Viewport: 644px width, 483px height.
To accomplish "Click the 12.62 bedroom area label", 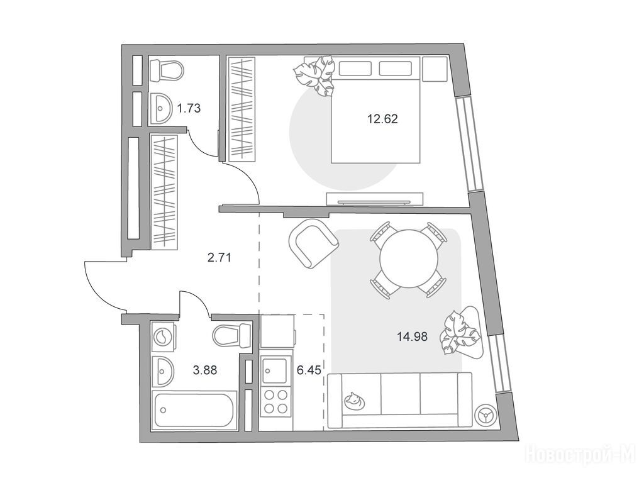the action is [382, 119].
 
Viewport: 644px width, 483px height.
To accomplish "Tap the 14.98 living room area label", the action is [412, 337].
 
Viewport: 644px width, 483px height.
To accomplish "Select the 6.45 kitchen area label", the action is [308, 370].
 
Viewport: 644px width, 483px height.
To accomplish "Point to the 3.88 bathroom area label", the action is [205, 370].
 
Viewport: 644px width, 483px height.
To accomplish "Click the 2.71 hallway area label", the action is [219, 258].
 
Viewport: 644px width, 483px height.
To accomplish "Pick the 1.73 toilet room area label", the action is [189, 108].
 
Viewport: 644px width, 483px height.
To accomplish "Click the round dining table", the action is [409, 259].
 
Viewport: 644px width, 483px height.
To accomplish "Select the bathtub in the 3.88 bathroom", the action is [194, 410].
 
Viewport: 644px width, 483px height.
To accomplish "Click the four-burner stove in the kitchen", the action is [276, 401].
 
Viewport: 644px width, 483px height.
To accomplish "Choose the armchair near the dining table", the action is [314, 244].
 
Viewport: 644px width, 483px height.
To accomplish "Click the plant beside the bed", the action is [315, 76].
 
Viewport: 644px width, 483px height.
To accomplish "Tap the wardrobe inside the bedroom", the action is [241, 109].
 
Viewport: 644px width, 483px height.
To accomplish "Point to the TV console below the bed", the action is [375, 198].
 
